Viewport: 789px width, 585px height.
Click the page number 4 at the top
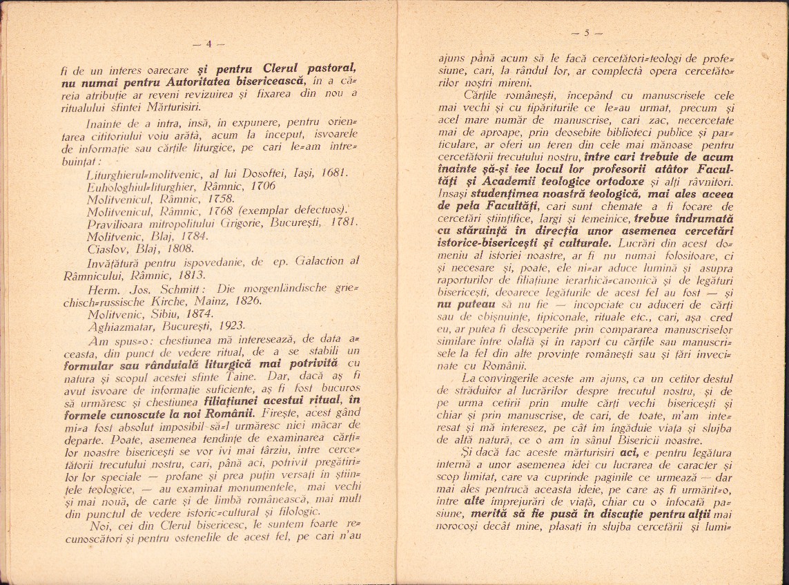tap(210, 46)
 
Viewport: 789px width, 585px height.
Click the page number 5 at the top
tap(587, 32)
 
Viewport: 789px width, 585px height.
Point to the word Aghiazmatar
tap(117, 326)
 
